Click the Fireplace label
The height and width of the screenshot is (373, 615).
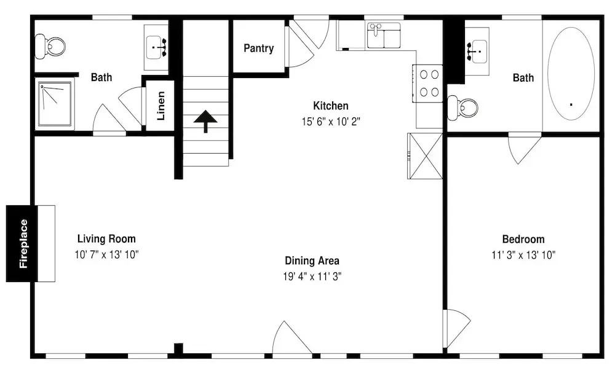24,244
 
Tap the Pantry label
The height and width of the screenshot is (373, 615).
258,48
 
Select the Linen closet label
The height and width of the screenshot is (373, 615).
161,106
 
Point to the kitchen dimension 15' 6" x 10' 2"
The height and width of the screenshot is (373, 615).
331,122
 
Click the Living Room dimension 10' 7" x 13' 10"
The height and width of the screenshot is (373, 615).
106,254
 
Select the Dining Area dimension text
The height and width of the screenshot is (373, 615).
312,277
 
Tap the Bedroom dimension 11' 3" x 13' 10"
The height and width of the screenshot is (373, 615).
523,255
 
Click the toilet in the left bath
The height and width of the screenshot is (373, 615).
50,47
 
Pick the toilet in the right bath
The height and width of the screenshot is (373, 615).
463,108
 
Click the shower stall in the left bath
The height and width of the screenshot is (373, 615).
55,104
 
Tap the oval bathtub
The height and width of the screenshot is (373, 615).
571,73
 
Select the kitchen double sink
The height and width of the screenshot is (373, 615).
384,36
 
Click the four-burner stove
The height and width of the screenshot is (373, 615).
427,83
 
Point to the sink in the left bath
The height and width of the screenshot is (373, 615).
157,47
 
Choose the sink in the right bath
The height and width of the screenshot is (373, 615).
477,51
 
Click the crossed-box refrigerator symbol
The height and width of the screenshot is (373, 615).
425,156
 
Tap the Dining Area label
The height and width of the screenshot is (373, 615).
312,261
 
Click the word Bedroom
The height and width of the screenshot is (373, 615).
523,239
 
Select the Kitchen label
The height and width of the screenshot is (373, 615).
331,106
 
